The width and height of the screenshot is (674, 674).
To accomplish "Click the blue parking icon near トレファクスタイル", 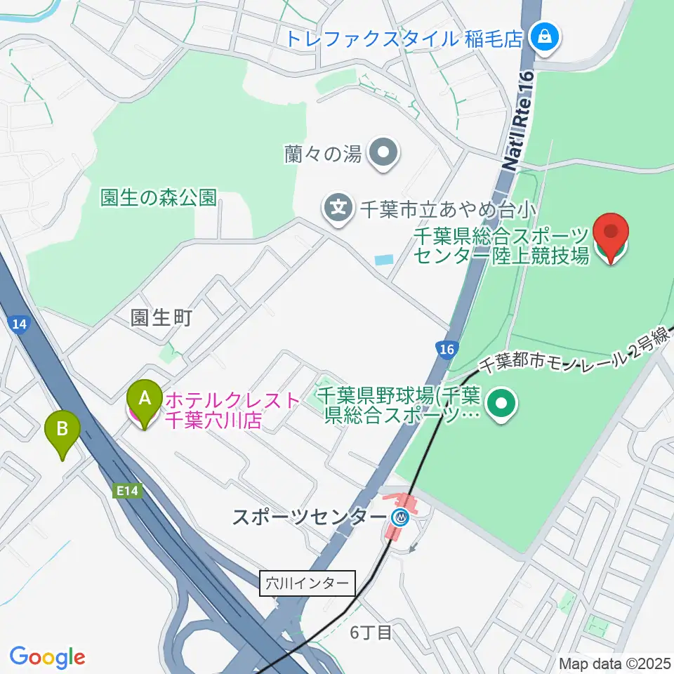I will [x=544, y=36].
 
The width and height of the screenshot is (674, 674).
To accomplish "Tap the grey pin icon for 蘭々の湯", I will [x=384, y=153].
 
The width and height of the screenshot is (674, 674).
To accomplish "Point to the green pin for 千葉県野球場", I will [x=502, y=404].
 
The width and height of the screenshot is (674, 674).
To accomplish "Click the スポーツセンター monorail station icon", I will [x=401, y=519].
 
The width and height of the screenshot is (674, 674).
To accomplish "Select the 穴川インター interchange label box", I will [x=308, y=583].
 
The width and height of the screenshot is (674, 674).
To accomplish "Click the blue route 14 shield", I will [x=20, y=324].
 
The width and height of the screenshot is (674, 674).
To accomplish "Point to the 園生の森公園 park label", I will [x=157, y=197].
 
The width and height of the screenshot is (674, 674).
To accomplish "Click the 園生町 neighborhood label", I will [x=161, y=318].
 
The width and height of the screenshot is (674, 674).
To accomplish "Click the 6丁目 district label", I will [x=371, y=633].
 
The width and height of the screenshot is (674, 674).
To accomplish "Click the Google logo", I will [x=47, y=657].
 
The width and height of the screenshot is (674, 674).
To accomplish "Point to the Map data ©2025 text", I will [x=614, y=662].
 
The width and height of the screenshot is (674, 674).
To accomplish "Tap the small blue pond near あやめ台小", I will [x=384, y=260].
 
